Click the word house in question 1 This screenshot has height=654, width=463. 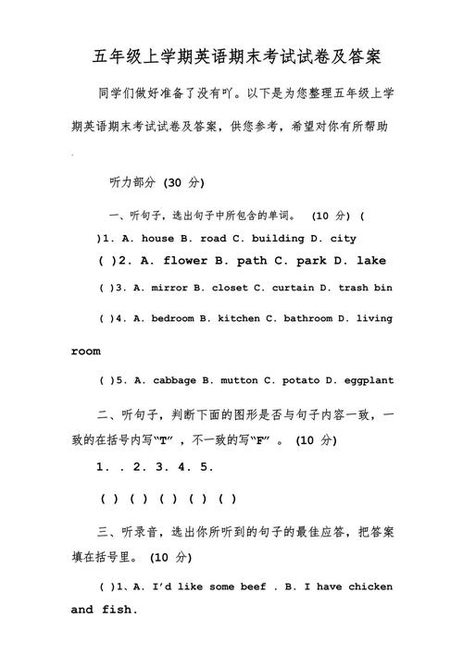tap(158, 238)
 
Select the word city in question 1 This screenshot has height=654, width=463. tap(343, 238)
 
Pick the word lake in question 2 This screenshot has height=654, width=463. tap(371, 261)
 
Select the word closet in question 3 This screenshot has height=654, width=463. tap(230, 288)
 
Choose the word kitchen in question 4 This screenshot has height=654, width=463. tap(239, 318)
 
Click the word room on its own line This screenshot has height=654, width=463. tap(86, 352)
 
